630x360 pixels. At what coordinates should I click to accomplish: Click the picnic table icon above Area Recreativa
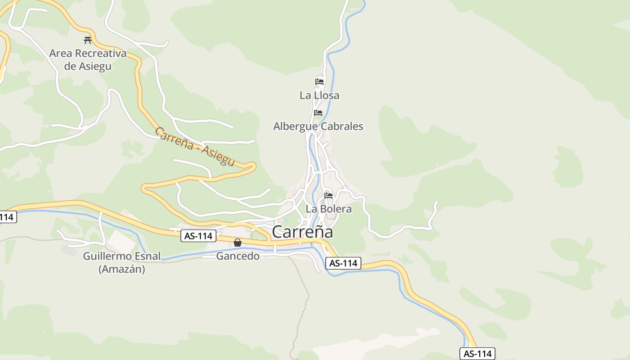(x=88, y=40)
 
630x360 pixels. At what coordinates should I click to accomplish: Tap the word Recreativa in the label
(x=100, y=54)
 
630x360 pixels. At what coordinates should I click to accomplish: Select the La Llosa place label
(x=319, y=95)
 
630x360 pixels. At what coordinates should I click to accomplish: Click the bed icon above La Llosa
(x=319, y=81)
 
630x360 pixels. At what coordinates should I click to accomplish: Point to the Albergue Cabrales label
(x=318, y=126)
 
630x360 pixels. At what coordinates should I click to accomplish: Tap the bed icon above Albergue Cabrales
(x=318, y=112)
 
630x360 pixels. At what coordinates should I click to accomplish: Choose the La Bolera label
(x=328, y=209)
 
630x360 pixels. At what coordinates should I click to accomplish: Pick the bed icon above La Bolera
(x=328, y=196)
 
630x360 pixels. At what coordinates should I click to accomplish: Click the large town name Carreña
(x=302, y=232)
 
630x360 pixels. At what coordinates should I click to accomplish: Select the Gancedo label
(x=238, y=256)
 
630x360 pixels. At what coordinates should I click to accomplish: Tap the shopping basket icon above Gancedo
(x=238, y=243)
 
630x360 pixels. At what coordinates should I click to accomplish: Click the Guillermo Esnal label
(x=121, y=256)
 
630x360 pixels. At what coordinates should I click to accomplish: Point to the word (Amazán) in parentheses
(x=121, y=269)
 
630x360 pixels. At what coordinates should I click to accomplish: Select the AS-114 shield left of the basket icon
(x=198, y=236)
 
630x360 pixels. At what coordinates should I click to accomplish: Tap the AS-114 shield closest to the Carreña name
(x=343, y=263)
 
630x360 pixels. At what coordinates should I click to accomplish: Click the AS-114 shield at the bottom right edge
(x=477, y=354)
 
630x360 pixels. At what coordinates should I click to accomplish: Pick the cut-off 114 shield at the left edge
(x=7, y=217)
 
